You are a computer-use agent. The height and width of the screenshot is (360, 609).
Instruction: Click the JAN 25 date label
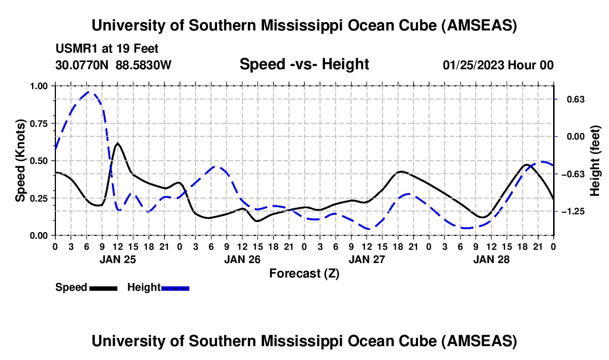click(117, 259)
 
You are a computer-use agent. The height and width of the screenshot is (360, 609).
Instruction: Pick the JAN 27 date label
click(367, 259)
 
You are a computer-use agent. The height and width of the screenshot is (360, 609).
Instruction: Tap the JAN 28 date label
click(491, 259)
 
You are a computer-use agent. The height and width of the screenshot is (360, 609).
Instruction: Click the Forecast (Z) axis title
click(304, 273)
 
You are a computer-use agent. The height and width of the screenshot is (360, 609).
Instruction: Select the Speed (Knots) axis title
click(20, 161)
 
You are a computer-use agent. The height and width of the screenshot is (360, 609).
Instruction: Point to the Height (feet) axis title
click(595, 161)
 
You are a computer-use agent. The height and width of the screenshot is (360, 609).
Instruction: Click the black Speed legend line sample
click(103, 288)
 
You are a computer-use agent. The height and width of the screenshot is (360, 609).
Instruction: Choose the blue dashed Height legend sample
click(176, 288)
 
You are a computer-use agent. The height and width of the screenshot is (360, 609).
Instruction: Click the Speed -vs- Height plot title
click(304, 65)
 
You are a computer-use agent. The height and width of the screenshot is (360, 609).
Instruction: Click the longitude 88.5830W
click(144, 65)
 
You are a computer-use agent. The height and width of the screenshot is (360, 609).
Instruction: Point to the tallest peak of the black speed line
click(117, 143)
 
